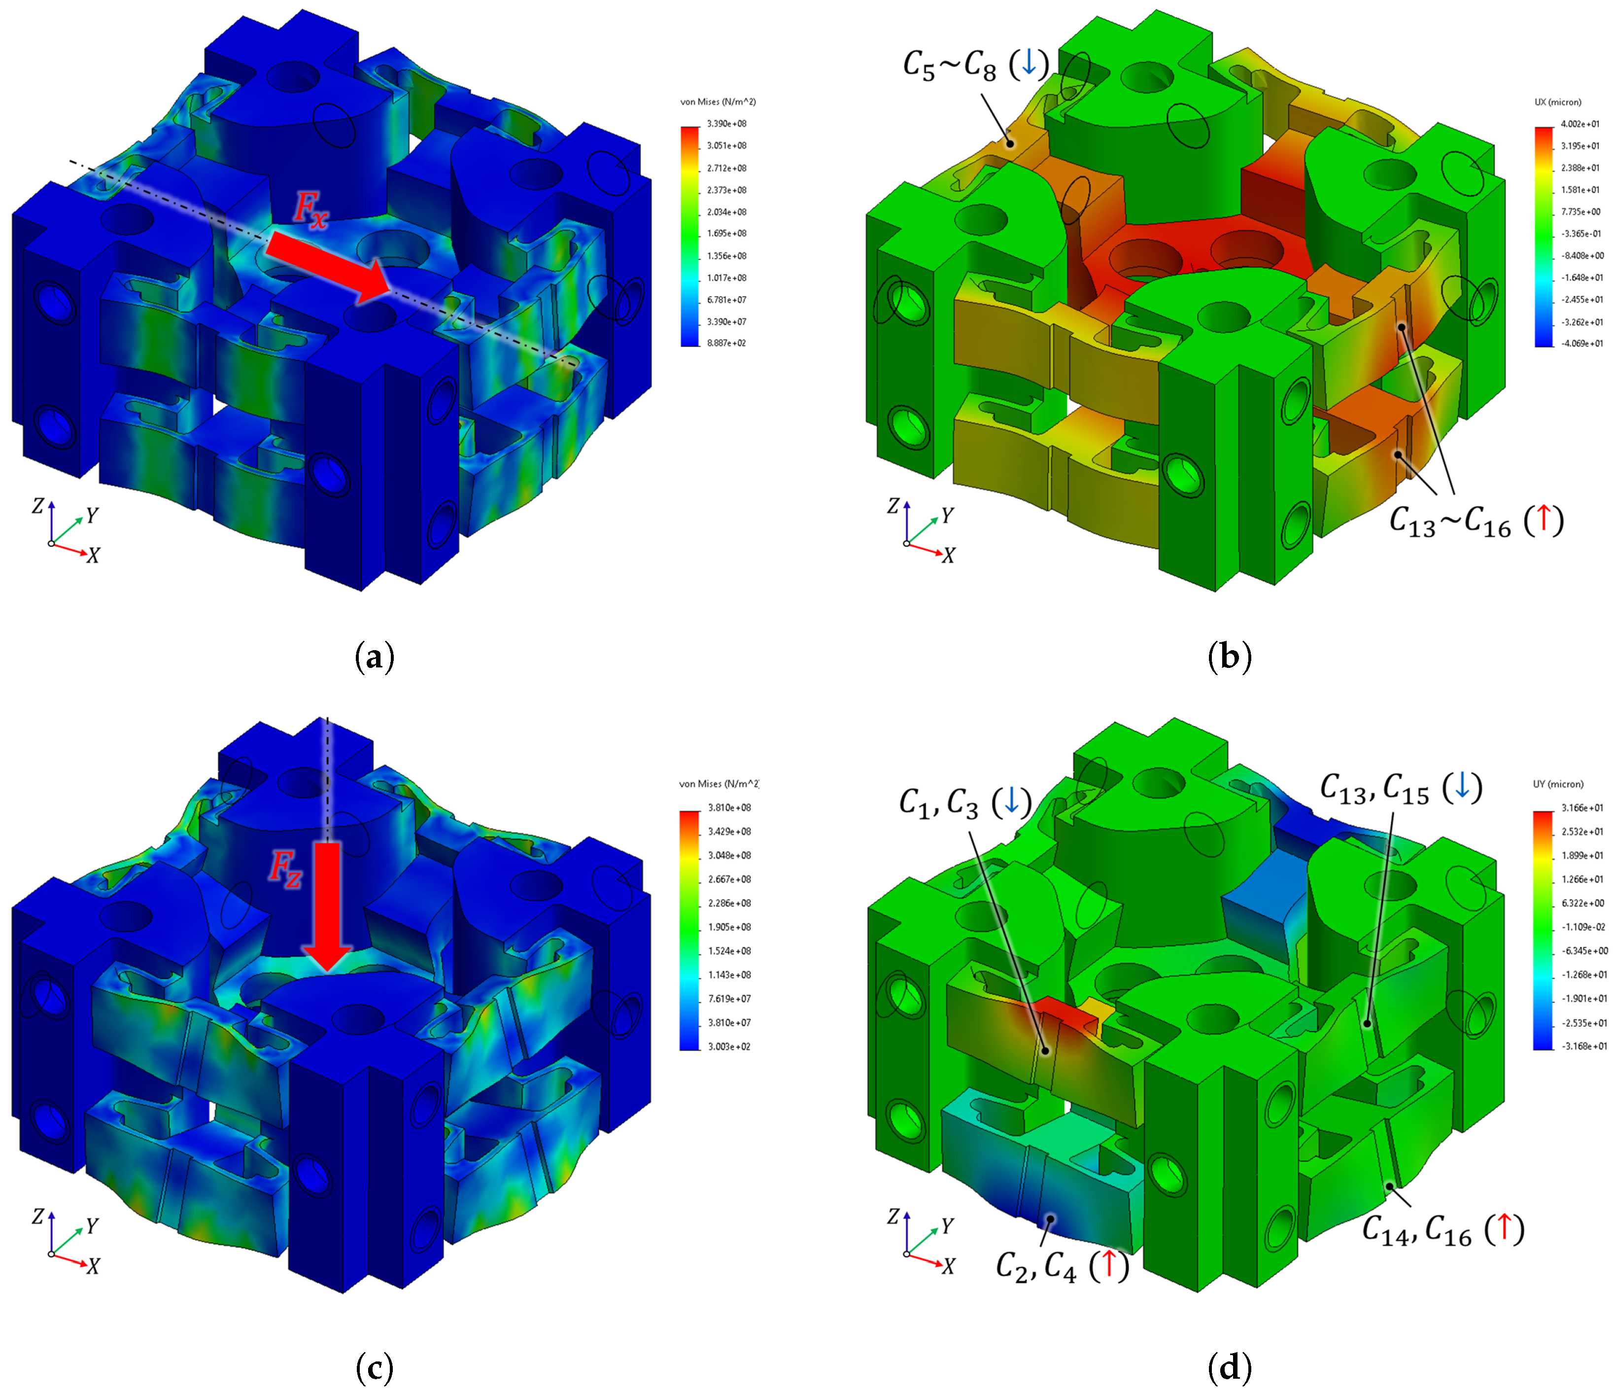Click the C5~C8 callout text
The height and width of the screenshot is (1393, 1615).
[x=976, y=65]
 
